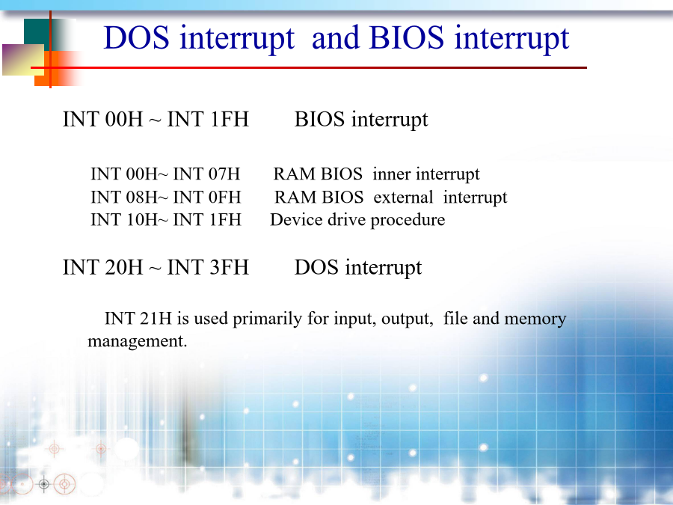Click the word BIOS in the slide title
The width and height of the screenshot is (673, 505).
(406, 37)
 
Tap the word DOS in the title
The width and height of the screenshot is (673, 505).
(137, 37)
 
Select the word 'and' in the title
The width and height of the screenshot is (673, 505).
(335, 37)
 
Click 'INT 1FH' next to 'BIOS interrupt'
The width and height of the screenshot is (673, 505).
(208, 119)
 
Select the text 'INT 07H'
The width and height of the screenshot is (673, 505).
(206, 174)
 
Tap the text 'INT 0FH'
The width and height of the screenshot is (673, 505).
(207, 197)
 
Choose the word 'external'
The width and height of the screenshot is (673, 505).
(403, 197)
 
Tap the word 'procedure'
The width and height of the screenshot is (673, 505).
(408, 220)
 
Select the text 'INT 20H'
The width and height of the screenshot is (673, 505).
(102, 267)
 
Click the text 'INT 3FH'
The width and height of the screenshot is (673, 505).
(208, 267)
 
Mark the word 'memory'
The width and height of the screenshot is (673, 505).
(535, 319)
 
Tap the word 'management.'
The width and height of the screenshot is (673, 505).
(138, 342)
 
